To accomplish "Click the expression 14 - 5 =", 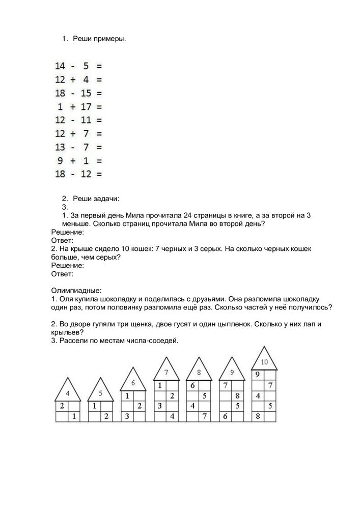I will (x=78, y=66).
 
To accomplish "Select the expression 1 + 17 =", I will (x=78, y=107).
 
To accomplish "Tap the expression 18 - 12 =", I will (x=78, y=174).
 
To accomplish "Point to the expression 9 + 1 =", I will (x=78, y=160).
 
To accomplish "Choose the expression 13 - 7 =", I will (x=78, y=147).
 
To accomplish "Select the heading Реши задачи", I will (x=96, y=198).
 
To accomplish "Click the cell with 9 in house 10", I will (x=258, y=374).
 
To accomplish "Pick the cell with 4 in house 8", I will (x=192, y=406).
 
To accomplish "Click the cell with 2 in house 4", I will (x=62, y=406).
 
